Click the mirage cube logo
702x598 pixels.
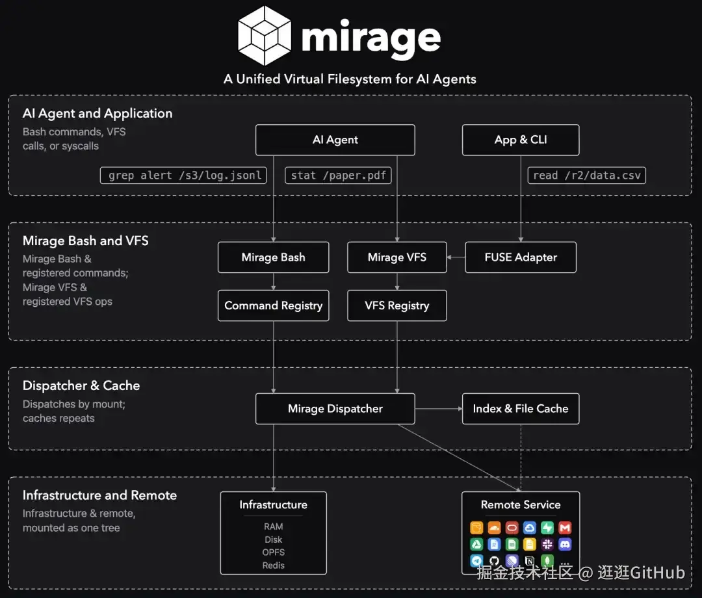(265, 35)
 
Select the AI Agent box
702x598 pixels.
(335, 140)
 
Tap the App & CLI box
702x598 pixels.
(521, 140)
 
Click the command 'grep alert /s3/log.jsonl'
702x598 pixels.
(183, 175)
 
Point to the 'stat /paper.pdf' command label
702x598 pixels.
(338, 175)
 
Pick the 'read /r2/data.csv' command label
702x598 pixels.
(586, 175)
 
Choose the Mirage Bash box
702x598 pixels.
(274, 257)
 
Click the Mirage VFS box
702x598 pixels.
(397, 257)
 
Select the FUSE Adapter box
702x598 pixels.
(521, 257)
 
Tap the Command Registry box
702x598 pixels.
(274, 305)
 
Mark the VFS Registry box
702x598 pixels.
(397, 305)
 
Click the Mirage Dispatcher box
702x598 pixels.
(335, 409)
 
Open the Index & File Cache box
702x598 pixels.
(521, 409)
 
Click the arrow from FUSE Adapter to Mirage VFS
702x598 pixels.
(456, 257)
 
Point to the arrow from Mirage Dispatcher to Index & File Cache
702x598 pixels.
(439, 409)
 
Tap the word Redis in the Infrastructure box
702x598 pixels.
(274, 565)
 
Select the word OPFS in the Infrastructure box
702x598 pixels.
(274, 552)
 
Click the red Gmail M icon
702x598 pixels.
(565, 528)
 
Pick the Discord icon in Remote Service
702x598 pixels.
(565, 544)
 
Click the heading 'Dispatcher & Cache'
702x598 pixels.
(81, 385)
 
